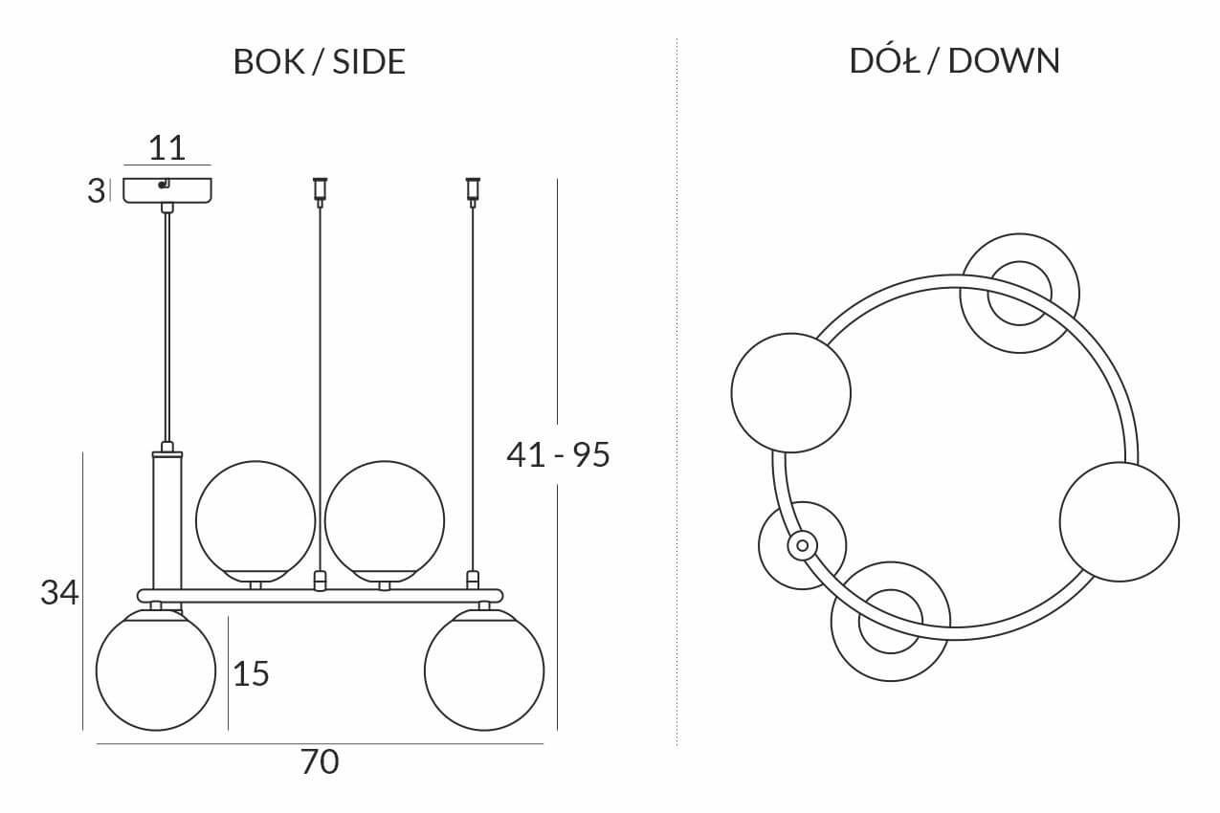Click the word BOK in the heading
269,61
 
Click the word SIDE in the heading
368,61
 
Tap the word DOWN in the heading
1004,60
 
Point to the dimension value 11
167,147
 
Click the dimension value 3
96,191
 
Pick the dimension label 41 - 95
558,454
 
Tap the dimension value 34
59,592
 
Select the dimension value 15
251,673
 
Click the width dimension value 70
320,761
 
